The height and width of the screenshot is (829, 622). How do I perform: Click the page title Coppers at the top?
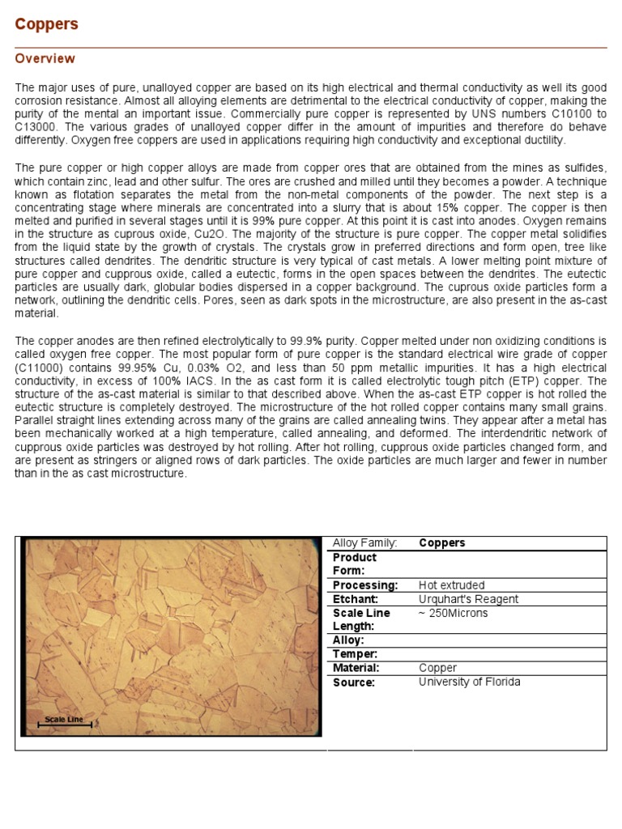[x=47, y=24]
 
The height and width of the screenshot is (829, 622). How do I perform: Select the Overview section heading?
[x=45, y=59]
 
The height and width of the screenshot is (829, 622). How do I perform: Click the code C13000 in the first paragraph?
[x=40, y=127]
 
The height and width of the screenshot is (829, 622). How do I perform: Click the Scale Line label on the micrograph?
[x=64, y=719]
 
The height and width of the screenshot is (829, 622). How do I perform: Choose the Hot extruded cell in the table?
[x=451, y=585]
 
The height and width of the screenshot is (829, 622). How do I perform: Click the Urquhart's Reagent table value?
[x=468, y=599]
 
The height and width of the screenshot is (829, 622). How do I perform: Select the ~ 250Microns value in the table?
[x=454, y=613]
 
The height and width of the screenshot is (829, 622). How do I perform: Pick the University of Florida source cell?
[x=469, y=682]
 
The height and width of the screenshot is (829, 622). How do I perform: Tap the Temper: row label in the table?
[x=355, y=654]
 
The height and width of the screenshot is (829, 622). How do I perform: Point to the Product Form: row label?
[x=356, y=563]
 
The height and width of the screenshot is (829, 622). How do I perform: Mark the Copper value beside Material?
[x=437, y=668]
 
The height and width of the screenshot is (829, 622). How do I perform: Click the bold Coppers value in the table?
[x=442, y=543]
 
